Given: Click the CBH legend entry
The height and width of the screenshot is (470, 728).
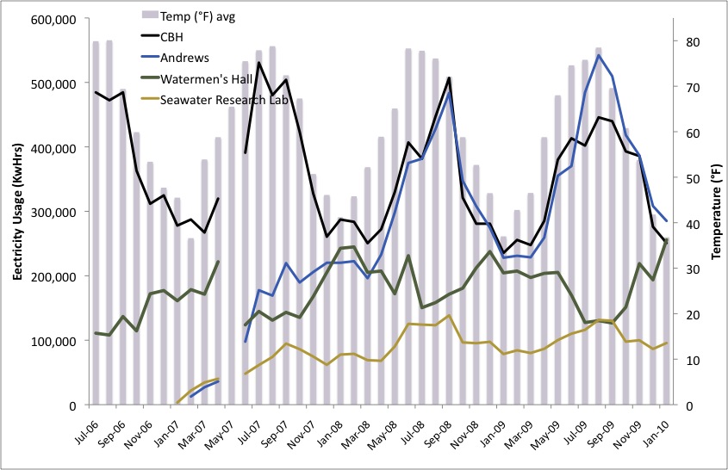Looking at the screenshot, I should coord(194,36).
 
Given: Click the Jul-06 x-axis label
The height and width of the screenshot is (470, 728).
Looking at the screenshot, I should coord(86,428).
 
